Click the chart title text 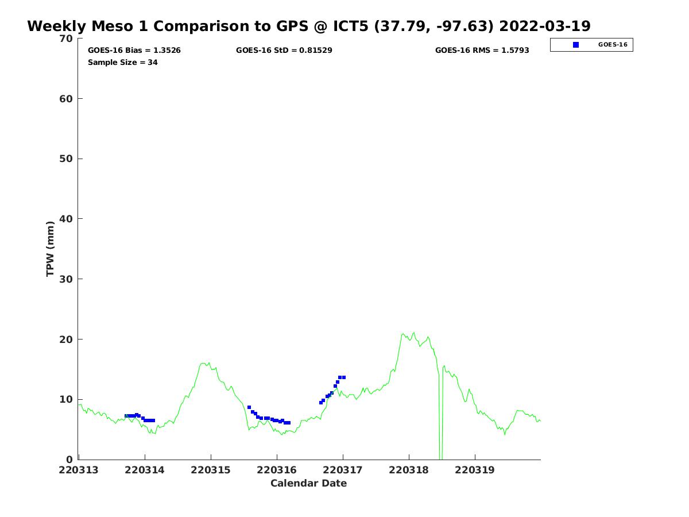(x=309, y=26)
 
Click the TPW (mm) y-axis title (x=51, y=249)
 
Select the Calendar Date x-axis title (x=309, y=483)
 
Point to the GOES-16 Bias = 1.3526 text (x=134, y=51)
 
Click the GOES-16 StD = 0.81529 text (x=284, y=51)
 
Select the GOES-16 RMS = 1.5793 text (x=482, y=51)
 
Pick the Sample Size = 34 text (x=123, y=62)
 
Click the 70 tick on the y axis (x=67, y=38)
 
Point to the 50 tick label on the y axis (x=67, y=159)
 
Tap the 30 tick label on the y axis (x=67, y=279)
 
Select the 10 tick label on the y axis (x=67, y=399)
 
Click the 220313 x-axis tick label (x=79, y=470)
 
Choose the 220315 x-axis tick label (x=211, y=470)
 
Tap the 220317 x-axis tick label (x=343, y=470)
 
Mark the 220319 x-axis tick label (x=475, y=470)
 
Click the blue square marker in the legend (x=576, y=45)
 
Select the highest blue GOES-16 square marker (x=340, y=377)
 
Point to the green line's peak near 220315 (x=204, y=363)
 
